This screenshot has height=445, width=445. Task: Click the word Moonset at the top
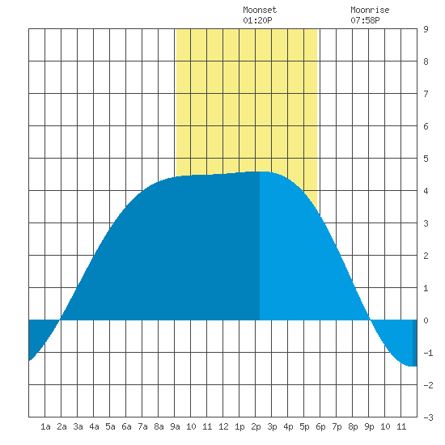[x=260, y=10]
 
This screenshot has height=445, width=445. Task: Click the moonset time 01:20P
[x=257, y=20]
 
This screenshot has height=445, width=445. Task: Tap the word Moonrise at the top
[x=370, y=10]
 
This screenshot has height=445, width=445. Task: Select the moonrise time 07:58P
[x=365, y=20]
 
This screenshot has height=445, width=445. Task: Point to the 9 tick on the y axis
[x=426, y=29]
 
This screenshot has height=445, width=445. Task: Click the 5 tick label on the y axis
[x=426, y=159]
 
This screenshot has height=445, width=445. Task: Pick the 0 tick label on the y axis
[x=426, y=320]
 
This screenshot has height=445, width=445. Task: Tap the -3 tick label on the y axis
[x=428, y=417]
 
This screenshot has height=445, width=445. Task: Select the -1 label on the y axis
[x=428, y=353]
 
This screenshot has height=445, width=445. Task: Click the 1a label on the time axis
[x=45, y=426]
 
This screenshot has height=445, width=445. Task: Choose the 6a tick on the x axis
[x=126, y=426]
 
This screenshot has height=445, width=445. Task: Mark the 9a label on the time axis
[x=175, y=426]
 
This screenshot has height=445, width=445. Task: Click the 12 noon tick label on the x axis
[x=223, y=426]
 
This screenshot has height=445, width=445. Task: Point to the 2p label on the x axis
[x=256, y=426]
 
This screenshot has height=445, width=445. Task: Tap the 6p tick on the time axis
[x=320, y=426]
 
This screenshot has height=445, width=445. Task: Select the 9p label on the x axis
[x=369, y=426]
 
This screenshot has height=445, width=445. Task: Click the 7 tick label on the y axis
[x=426, y=94]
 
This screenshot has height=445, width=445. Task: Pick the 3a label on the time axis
[x=78, y=426]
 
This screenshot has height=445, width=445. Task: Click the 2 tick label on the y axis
[x=426, y=256]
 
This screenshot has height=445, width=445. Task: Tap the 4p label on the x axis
[x=288, y=426]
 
